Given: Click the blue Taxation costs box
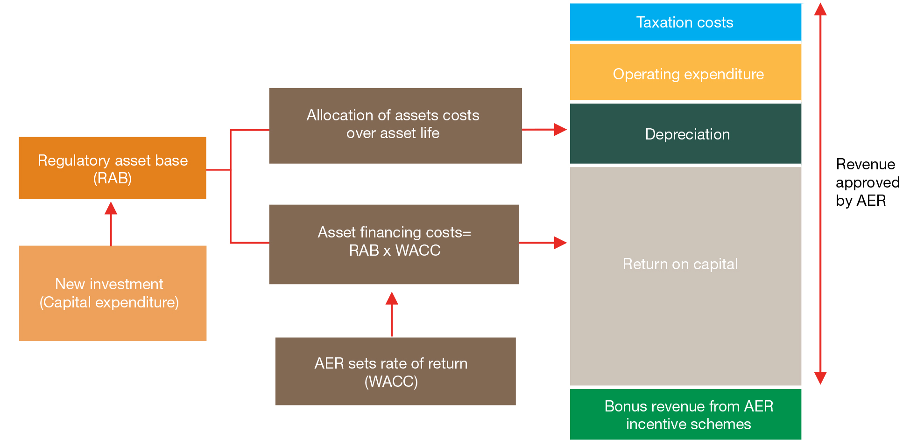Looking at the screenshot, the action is (x=685, y=22).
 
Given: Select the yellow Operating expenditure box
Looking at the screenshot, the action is (x=685, y=72).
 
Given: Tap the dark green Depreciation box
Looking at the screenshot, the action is (x=685, y=133).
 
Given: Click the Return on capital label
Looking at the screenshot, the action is (x=680, y=264).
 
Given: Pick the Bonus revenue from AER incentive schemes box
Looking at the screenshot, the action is (x=685, y=414).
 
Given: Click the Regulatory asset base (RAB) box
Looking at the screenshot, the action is (x=113, y=168).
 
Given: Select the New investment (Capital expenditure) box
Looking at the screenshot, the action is (x=113, y=293).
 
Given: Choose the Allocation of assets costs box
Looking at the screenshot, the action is (x=395, y=126).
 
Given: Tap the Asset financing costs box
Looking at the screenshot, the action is (x=394, y=244).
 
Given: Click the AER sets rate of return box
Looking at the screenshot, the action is (x=395, y=371).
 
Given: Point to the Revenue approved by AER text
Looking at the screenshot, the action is (x=868, y=182).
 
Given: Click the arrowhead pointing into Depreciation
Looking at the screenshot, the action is (x=560, y=130).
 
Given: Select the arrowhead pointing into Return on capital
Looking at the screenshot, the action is (x=560, y=243).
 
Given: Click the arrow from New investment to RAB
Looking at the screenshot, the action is (x=111, y=224).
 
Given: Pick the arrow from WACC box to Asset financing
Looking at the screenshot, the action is (x=392, y=314).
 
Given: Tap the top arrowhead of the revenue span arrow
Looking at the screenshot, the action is (x=820, y=9).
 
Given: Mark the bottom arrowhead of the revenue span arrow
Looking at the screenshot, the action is (x=820, y=378).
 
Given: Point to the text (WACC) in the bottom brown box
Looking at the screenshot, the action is (x=391, y=382).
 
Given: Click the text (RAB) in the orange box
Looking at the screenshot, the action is (x=113, y=178).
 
